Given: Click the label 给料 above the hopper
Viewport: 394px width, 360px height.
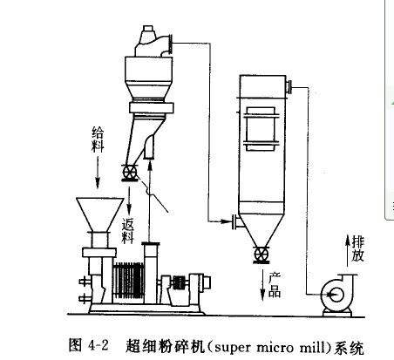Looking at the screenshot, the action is pos(98,139).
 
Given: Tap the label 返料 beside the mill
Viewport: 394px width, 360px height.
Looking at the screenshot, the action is pos(128,230).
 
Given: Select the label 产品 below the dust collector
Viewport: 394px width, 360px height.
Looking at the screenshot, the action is pos(275,285).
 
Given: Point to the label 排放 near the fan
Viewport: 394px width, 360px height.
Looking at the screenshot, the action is pos(357,248).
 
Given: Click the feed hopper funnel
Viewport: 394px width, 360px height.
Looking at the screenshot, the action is pos(100,214).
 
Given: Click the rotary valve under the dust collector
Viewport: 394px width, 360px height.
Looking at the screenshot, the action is pos(261,255).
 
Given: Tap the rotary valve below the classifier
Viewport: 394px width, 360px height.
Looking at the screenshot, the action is pos(130,173).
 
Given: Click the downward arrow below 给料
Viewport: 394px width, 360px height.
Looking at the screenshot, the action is pos(98,173).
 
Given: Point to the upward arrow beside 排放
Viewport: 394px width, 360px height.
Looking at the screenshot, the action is pos(348,250).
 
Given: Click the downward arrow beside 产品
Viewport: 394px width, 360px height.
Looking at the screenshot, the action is pos(262,285).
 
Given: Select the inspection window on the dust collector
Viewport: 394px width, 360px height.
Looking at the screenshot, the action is pos(261,129).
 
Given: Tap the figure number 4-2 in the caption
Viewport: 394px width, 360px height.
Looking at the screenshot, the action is pos(98,346).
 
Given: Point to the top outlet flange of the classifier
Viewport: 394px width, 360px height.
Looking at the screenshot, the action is pos(170,44).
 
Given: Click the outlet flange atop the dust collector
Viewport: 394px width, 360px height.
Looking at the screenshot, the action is pos(289,87).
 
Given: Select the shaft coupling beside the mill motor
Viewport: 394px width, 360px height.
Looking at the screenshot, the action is pos(179,282).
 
